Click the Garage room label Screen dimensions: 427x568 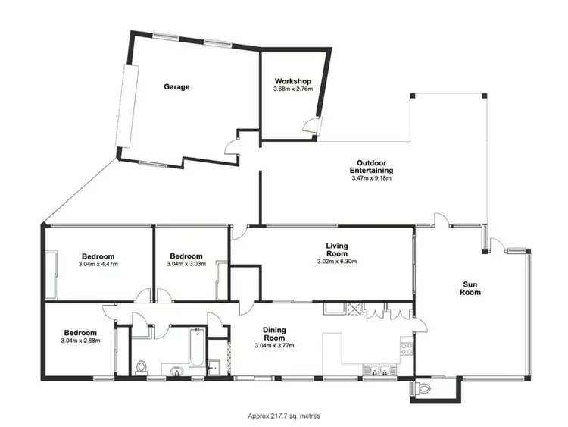[176, 87]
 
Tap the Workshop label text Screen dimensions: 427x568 [292, 81]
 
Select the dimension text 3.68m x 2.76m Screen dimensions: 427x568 [292, 89]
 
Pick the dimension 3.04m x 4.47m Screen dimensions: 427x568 [98, 264]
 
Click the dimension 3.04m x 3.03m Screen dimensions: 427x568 [186, 264]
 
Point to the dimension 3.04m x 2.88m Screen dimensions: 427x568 [80, 341]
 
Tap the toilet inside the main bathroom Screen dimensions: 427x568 [141, 368]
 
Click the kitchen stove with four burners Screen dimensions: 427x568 [406, 350]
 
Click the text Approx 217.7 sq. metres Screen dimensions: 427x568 [283, 416]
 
